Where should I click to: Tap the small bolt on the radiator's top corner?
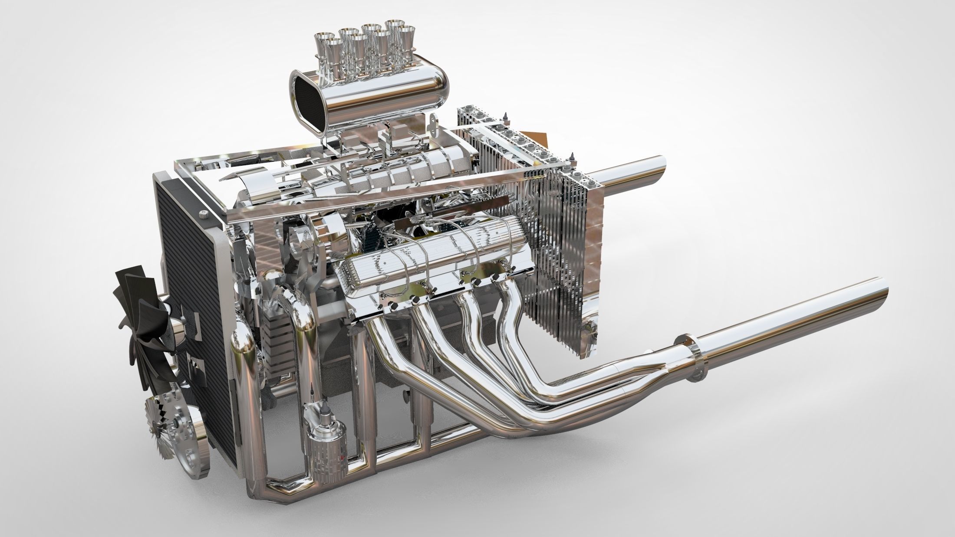click(203, 213)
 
